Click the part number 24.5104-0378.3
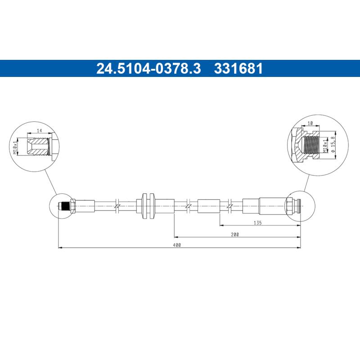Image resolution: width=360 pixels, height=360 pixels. [x=148, y=68]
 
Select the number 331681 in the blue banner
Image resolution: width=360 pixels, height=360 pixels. [x=238, y=68]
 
